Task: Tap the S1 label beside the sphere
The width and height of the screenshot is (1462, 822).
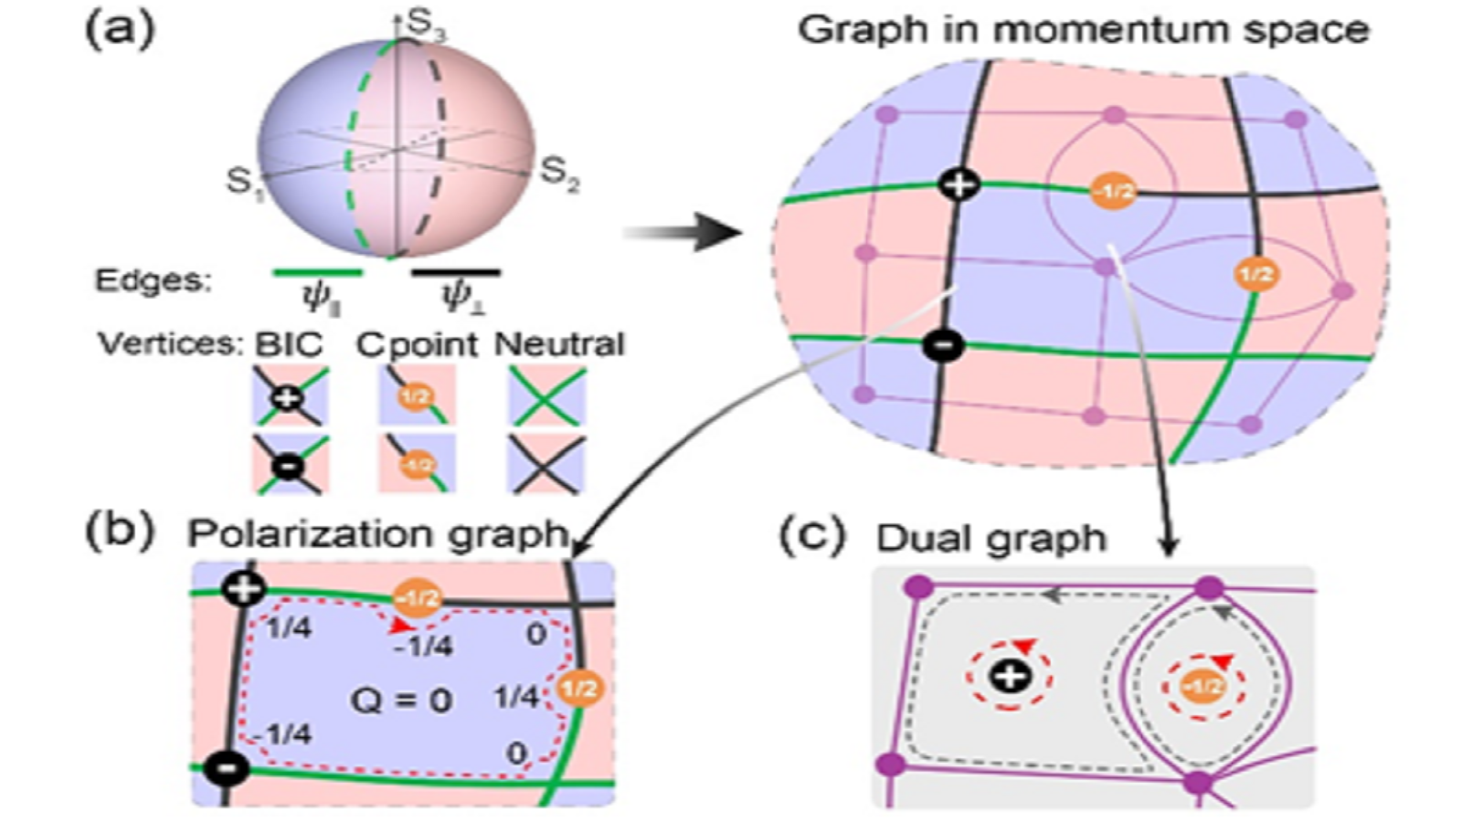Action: click(243, 182)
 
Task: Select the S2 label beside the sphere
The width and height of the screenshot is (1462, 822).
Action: click(558, 172)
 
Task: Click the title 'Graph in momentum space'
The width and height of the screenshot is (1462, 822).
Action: click(1083, 30)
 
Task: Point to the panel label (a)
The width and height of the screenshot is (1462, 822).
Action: click(120, 30)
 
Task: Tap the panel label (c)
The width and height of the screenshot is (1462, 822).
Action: click(811, 537)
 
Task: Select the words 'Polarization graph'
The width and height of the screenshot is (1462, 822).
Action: click(376, 534)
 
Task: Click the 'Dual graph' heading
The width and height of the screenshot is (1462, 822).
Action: click(991, 539)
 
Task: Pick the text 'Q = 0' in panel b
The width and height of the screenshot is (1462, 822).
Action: click(401, 701)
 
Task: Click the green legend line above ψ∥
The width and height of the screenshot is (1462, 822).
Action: click(318, 272)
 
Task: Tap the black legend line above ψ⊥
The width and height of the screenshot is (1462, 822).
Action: click(455, 272)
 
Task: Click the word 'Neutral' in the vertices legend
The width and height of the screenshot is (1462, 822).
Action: click(559, 344)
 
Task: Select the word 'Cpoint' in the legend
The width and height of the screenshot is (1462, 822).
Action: click(417, 344)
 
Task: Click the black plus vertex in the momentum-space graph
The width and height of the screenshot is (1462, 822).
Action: click(958, 185)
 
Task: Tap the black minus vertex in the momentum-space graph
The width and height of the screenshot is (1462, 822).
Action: click(944, 345)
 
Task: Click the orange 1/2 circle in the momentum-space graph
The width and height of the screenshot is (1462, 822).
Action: click(1255, 273)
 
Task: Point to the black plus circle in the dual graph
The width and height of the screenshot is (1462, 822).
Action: click(1010, 677)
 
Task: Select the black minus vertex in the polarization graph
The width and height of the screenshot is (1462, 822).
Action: click(227, 768)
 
